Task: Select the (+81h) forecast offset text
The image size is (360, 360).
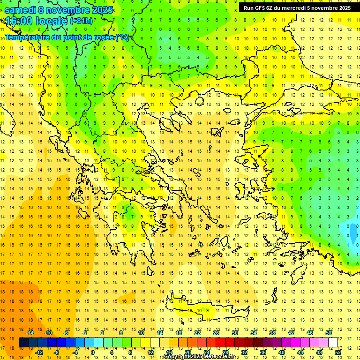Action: click(81, 22)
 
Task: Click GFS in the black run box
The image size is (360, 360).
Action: click(260, 8)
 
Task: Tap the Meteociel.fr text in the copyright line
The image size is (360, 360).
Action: click(221, 357)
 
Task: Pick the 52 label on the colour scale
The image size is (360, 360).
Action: click(338, 352)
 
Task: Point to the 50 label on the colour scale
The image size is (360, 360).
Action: click(329, 333)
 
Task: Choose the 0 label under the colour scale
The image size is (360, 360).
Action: click(93, 352)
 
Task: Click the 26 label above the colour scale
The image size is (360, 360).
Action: click(216, 333)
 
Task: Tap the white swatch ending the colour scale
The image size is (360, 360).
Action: click(333, 342)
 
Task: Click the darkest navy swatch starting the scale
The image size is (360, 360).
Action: click(23, 342)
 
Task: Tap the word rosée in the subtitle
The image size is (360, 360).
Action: click(104, 37)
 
